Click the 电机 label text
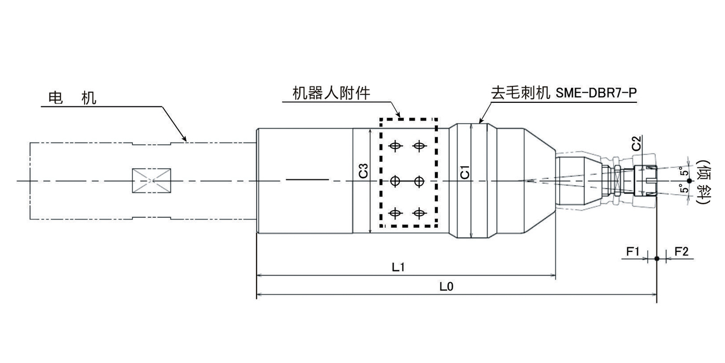pos(72,98)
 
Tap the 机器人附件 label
pos(331,94)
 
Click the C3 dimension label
pos(363,172)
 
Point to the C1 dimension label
pos(464,173)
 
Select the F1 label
pos(633,251)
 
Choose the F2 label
pos(681,251)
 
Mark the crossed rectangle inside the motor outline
pos(152,180)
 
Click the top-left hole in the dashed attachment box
pos(394,146)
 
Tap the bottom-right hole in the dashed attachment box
pos(420,213)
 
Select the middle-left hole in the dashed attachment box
pos(394,180)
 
